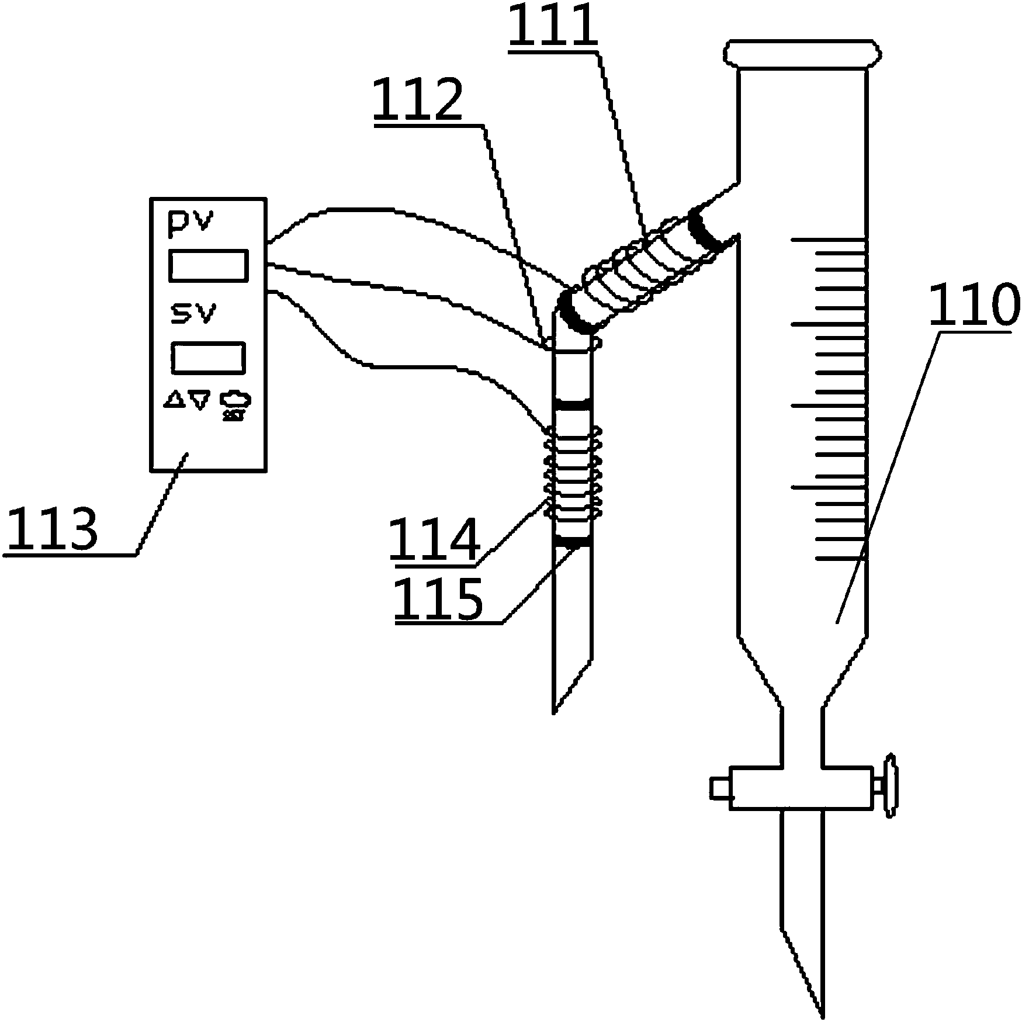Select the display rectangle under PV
208,265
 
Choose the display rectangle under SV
208,358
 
